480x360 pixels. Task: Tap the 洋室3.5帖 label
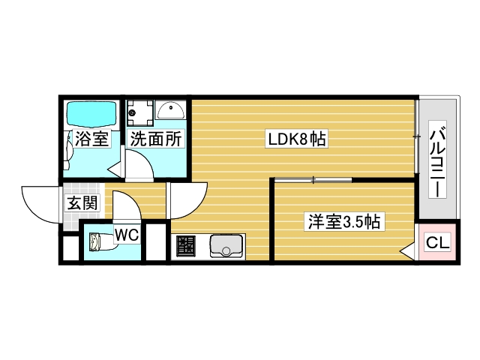click(344, 222)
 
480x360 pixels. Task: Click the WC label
click(127, 235)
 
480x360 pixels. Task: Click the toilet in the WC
click(98, 241)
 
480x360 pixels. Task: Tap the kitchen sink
click(226, 244)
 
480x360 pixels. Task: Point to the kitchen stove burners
click(186, 245)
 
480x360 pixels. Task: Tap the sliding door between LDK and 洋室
click(312, 179)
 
